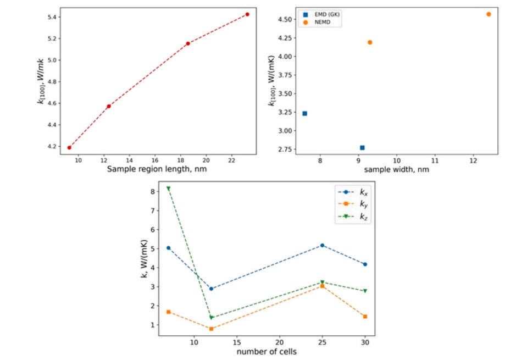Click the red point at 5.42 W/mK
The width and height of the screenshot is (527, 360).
tap(247, 14)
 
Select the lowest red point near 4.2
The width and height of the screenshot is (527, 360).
tap(69, 147)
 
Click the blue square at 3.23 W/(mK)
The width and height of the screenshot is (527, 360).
tap(305, 113)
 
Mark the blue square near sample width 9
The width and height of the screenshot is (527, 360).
tap(362, 147)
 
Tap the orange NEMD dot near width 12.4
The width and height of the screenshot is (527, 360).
tap(489, 14)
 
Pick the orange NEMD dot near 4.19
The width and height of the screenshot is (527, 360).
tap(370, 42)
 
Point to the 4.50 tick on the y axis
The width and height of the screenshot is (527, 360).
tap(290, 19)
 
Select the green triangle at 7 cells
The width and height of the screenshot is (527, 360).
tap(169, 189)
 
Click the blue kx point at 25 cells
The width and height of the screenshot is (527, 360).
tap(322, 245)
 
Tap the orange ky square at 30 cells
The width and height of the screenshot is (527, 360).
tap(365, 317)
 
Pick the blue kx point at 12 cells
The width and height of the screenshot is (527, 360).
tap(211, 289)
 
